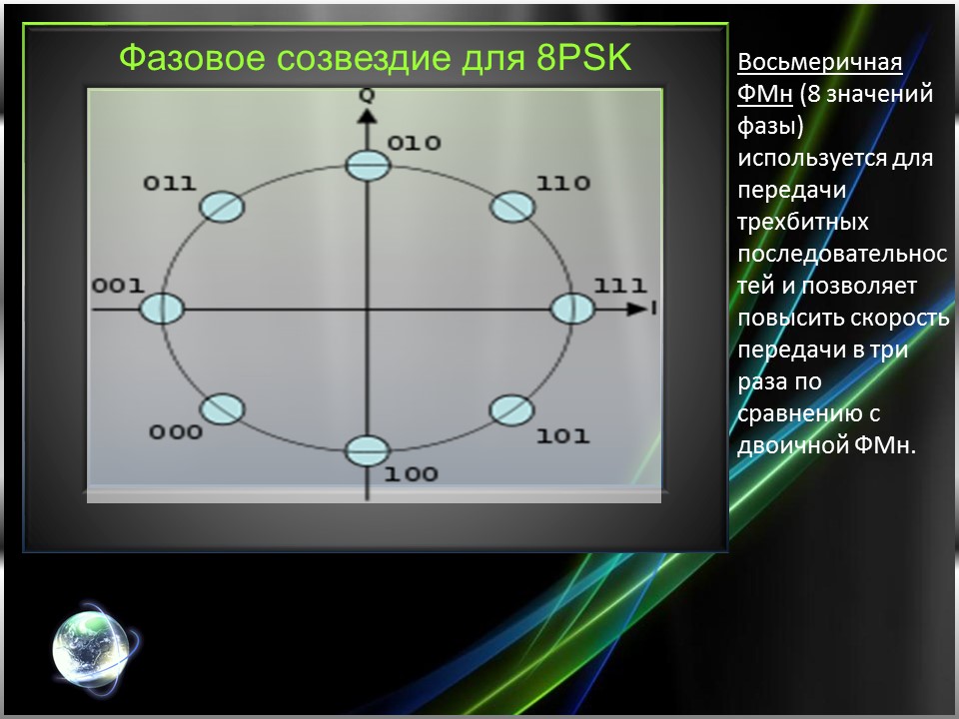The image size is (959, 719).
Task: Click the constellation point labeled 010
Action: point(368,165)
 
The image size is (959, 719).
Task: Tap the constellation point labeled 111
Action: point(572,309)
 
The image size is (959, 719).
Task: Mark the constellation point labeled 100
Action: point(368,451)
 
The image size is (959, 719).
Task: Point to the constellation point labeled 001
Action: point(162,309)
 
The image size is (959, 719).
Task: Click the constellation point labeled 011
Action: point(222,207)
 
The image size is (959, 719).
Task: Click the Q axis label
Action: point(368,95)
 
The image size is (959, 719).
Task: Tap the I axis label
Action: point(653,310)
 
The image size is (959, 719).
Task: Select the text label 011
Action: point(169,184)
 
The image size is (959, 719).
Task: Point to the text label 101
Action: point(562,436)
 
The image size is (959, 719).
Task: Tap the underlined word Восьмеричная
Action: point(819,63)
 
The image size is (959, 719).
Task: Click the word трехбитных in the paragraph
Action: point(802,222)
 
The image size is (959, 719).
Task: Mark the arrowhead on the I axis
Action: point(635,310)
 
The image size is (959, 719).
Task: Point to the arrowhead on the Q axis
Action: point(368,116)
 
